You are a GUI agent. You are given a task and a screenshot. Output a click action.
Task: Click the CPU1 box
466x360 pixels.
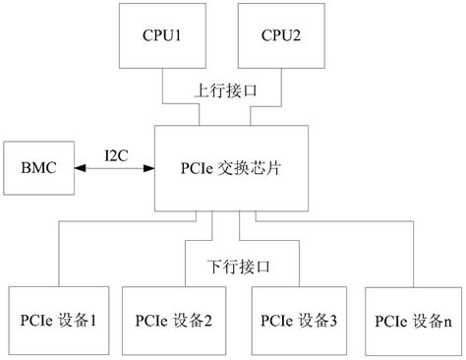[163, 49]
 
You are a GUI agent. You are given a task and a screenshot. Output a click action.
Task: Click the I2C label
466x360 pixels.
[115, 155]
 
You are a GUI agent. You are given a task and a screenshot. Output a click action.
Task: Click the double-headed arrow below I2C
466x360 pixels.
[115, 168]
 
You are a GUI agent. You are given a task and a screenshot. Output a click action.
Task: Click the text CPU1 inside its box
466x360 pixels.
[163, 36]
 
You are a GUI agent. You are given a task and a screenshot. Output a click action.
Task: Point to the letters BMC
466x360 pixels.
[39, 167]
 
